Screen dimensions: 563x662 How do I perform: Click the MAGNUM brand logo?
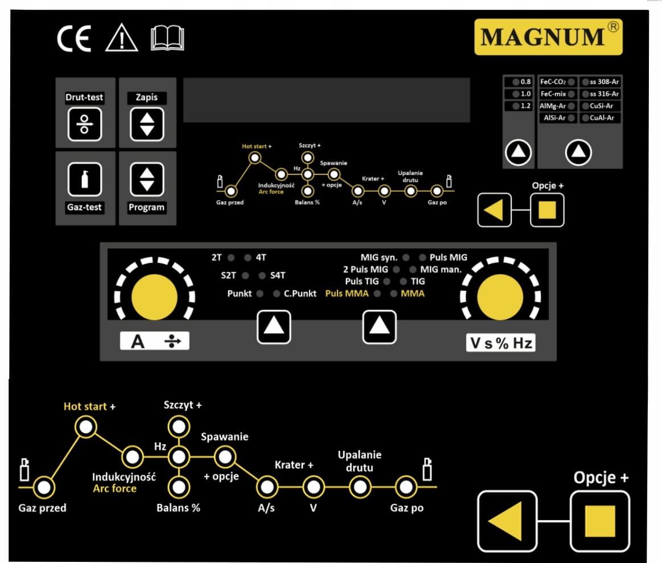(x=548, y=37)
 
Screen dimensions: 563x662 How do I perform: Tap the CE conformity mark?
(x=73, y=40)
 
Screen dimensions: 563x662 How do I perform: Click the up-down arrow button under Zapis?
(x=146, y=124)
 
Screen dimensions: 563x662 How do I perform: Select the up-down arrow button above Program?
(x=146, y=178)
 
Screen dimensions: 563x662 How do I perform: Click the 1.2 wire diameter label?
(x=525, y=106)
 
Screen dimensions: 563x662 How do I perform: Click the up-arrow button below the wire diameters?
(x=519, y=152)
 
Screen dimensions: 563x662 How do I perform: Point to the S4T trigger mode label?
(x=277, y=276)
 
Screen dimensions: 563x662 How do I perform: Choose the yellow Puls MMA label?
(x=347, y=294)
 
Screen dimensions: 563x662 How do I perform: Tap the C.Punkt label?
(x=300, y=294)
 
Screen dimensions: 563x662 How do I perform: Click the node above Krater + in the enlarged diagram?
(x=313, y=487)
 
